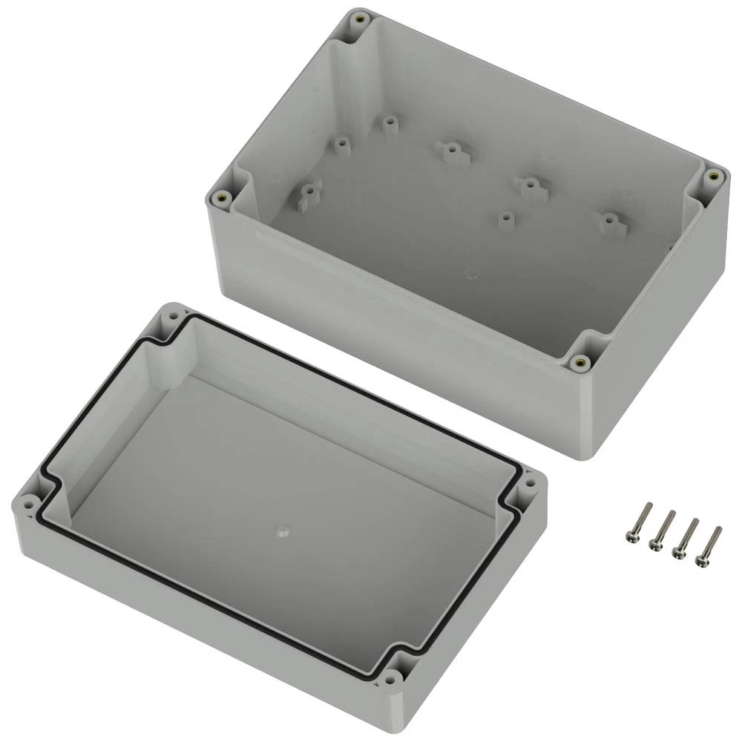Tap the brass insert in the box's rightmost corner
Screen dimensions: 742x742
click(x=714, y=176)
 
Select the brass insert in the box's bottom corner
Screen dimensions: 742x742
click(x=580, y=362)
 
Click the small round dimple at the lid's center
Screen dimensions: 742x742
click(x=283, y=531)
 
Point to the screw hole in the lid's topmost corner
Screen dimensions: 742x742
click(x=173, y=315)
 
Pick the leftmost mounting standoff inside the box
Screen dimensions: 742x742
click(x=308, y=194)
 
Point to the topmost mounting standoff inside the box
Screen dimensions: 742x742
click(x=390, y=123)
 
